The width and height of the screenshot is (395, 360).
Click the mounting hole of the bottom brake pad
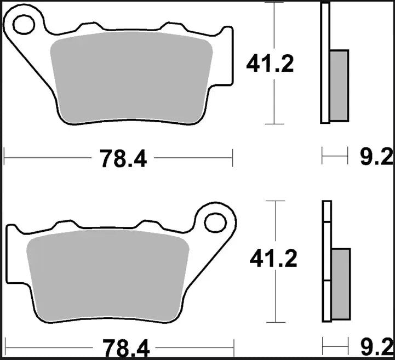click(x=214, y=222)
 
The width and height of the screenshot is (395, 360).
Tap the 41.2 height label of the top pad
click(x=270, y=64)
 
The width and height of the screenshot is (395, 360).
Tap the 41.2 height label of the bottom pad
click(x=272, y=258)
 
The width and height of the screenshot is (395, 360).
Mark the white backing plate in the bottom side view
click(x=327, y=263)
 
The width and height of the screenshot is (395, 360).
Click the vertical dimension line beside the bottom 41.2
click(x=275, y=296)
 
